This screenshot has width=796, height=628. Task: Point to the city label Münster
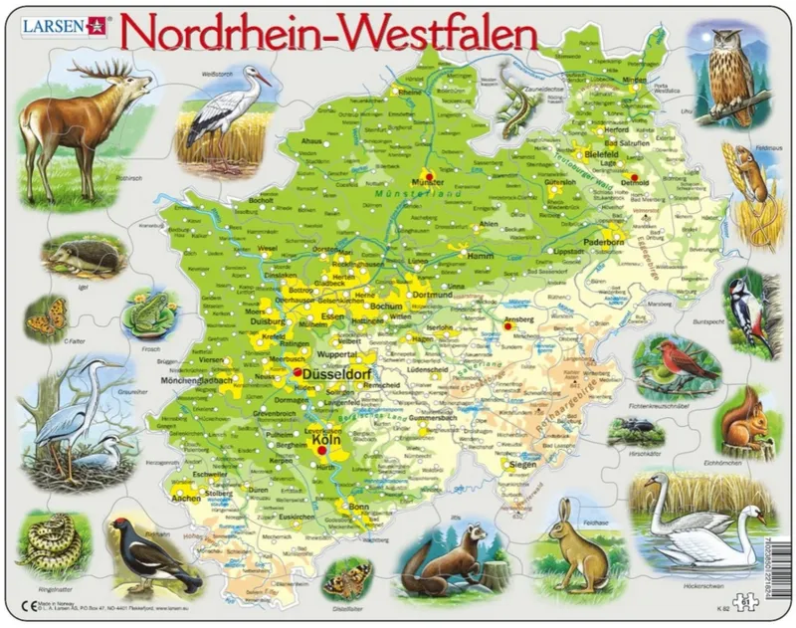tap(426, 183)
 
